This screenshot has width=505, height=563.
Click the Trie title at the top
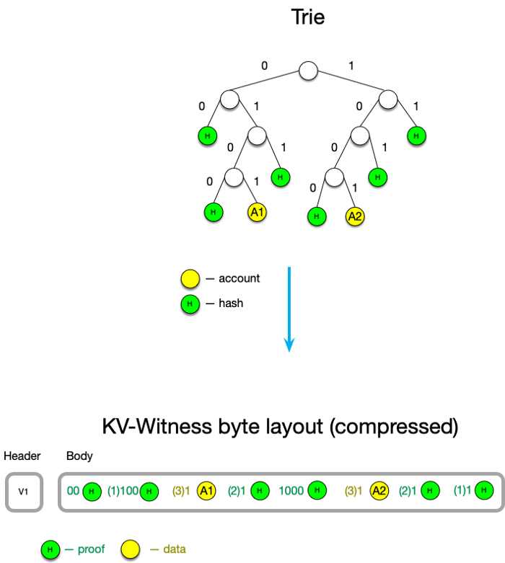pos(308,17)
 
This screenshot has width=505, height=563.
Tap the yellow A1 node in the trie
pos(257,212)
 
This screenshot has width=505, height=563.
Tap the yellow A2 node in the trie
pos(353,215)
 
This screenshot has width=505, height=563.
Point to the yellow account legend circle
pos(189,278)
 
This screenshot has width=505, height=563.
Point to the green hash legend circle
pos(189,303)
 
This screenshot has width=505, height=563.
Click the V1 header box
pos(23,492)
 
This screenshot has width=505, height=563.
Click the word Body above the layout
pos(79,456)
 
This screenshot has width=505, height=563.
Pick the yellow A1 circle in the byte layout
pos(206,491)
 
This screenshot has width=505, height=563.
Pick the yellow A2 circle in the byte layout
pos(379,491)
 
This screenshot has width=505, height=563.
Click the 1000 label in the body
pos(291,491)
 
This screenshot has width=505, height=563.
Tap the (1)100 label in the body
pos(122,491)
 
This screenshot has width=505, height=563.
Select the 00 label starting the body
pos(73,491)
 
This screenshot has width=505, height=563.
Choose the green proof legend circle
pos(49,549)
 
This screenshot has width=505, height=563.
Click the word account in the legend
pos(240,278)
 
